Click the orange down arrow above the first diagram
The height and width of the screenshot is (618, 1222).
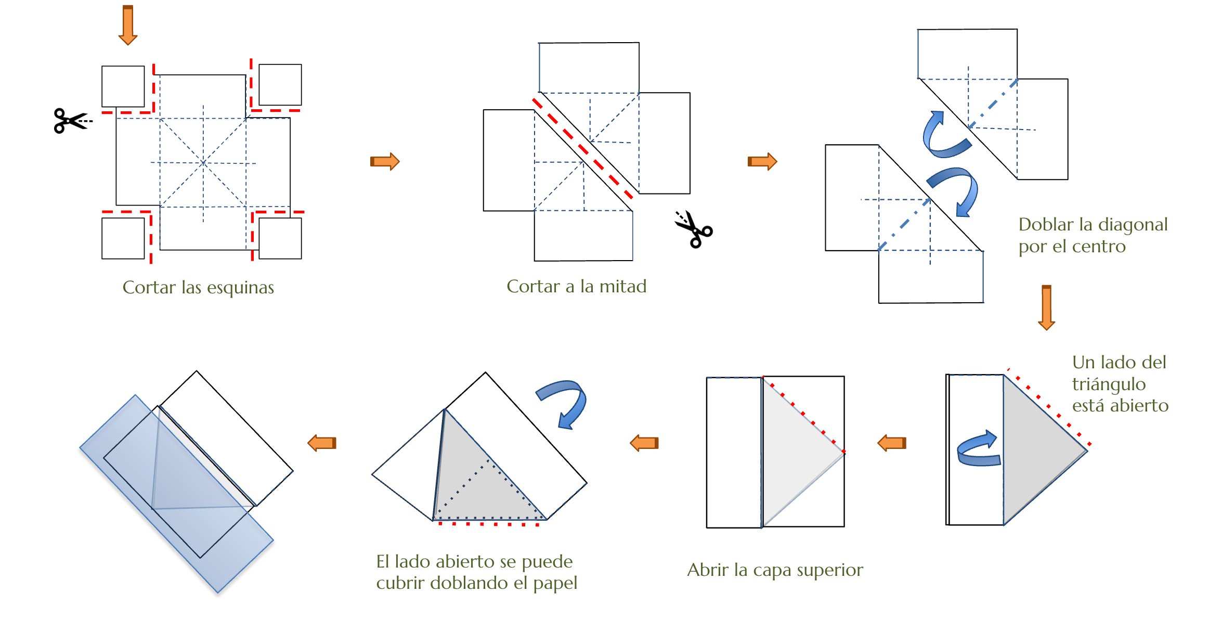pyautogui.click(x=128, y=25)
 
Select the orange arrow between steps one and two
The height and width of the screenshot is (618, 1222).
pyautogui.click(x=385, y=161)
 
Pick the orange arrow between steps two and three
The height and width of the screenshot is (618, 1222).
pyautogui.click(x=762, y=161)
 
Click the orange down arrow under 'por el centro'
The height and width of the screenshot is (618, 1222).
pyautogui.click(x=1046, y=307)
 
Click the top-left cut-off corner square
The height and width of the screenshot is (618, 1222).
pyautogui.click(x=123, y=86)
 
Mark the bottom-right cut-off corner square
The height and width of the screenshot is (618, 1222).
pyautogui.click(x=280, y=238)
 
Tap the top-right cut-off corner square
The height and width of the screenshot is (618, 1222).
pyautogui.click(x=280, y=85)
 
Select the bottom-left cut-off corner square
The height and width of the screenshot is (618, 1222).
pyautogui.click(x=123, y=238)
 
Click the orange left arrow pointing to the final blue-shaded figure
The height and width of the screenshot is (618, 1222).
pyautogui.click(x=322, y=443)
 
